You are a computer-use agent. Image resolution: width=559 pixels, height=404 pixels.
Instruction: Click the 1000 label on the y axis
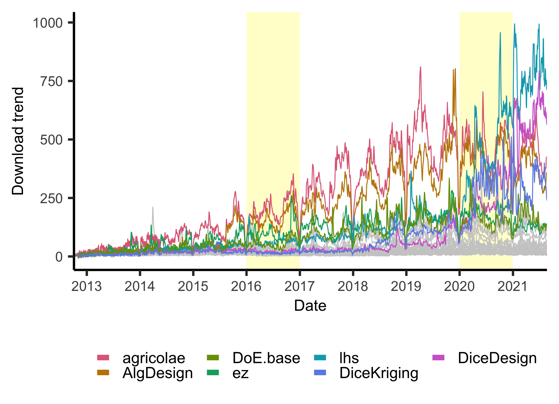click(x=48, y=23)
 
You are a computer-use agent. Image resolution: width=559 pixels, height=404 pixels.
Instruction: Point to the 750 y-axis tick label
click(x=51, y=82)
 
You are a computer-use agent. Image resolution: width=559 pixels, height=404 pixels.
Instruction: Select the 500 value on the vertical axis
click(x=51, y=140)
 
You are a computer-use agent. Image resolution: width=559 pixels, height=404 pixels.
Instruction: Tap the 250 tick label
click(x=51, y=199)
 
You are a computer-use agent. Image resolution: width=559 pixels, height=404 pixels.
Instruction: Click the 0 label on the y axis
click(x=59, y=257)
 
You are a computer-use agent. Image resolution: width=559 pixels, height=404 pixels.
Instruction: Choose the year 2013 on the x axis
click(x=87, y=286)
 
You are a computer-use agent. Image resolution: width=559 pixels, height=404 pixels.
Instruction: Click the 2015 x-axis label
click(x=193, y=286)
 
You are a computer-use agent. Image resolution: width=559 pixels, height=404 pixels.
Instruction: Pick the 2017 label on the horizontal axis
click(x=300, y=286)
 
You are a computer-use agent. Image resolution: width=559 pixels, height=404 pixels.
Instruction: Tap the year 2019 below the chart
click(x=406, y=286)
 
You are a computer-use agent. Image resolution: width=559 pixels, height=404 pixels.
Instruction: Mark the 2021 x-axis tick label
click(x=512, y=286)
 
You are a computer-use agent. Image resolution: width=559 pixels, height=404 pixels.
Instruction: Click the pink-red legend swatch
click(x=103, y=357)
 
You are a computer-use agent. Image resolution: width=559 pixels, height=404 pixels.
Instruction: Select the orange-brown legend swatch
click(x=103, y=372)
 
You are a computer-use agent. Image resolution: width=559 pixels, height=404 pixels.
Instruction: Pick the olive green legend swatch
click(x=213, y=357)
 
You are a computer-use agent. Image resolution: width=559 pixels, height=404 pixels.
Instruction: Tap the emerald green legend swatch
click(x=213, y=372)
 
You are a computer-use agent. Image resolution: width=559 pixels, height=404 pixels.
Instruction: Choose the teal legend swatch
click(x=320, y=357)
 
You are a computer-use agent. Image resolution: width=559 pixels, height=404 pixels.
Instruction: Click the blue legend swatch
click(x=320, y=372)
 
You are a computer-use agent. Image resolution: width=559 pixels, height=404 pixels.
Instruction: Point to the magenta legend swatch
click(x=438, y=357)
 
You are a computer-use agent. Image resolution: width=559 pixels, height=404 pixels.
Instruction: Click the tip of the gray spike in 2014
click(x=153, y=207)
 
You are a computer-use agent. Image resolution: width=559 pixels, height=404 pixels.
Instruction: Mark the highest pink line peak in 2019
click(x=420, y=67)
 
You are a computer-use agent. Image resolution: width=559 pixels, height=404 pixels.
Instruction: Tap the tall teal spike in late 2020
click(x=500, y=33)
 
